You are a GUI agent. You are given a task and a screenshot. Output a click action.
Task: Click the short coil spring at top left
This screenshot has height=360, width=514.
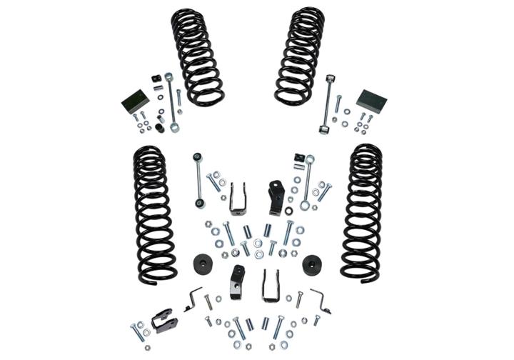(x=196, y=56)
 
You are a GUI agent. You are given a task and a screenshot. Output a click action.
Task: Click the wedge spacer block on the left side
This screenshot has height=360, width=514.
(x=135, y=101)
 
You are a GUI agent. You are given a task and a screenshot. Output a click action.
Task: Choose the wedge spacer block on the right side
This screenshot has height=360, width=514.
(x=371, y=101)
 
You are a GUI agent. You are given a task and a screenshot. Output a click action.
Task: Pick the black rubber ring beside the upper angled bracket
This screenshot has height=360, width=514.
(x=288, y=211)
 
